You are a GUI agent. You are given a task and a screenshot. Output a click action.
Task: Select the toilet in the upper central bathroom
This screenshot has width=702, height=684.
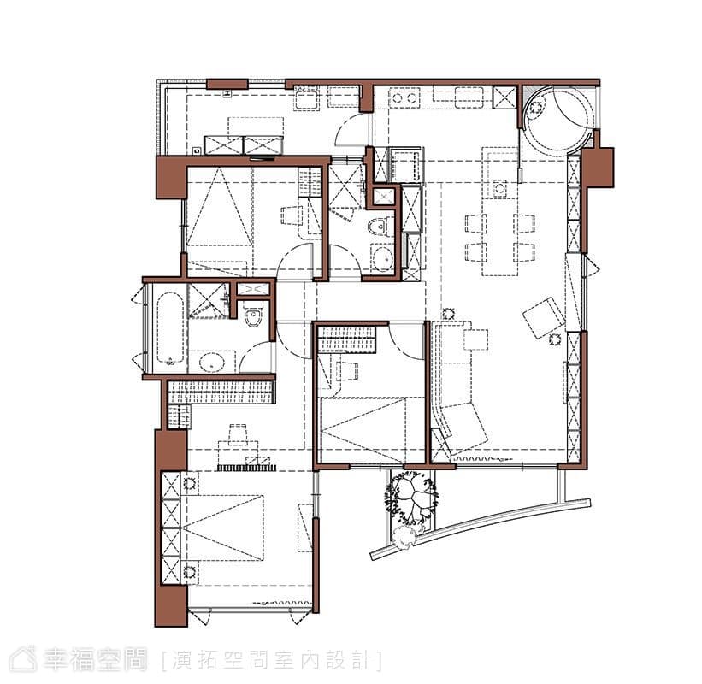pyautogui.click(x=378, y=226)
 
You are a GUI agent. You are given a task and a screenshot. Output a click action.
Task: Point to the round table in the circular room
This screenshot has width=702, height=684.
pyautogui.click(x=536, y=108)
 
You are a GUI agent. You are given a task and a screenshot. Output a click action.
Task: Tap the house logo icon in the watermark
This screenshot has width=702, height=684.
pyautogui.click(x=23, y=658)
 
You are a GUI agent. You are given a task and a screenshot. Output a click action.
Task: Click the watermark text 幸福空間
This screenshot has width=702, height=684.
pyautogui.click(x=95, y=659)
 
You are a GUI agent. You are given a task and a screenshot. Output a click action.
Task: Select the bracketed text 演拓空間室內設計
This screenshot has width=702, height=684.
pyautogui.click(x=271, y=661)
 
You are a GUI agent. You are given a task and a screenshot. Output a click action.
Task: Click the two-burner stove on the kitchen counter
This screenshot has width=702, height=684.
pyautogui.click(x=404, y=98)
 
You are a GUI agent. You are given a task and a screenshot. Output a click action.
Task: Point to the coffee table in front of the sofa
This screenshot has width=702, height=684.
pyautogui.click(x=475, y=339)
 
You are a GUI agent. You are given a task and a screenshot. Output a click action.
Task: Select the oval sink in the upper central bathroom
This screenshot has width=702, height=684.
pyautogui.click(x=382, y=257)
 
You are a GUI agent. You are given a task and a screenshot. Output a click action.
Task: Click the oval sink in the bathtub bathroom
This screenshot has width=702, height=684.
pyautogui.click(x=212, y=362)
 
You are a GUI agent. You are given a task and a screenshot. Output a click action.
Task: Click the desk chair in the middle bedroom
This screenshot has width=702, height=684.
pyautogui.click(x=348, y=371)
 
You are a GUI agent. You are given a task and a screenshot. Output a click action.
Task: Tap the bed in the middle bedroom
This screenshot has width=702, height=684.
pyautogui.click(x=363, y=429)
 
